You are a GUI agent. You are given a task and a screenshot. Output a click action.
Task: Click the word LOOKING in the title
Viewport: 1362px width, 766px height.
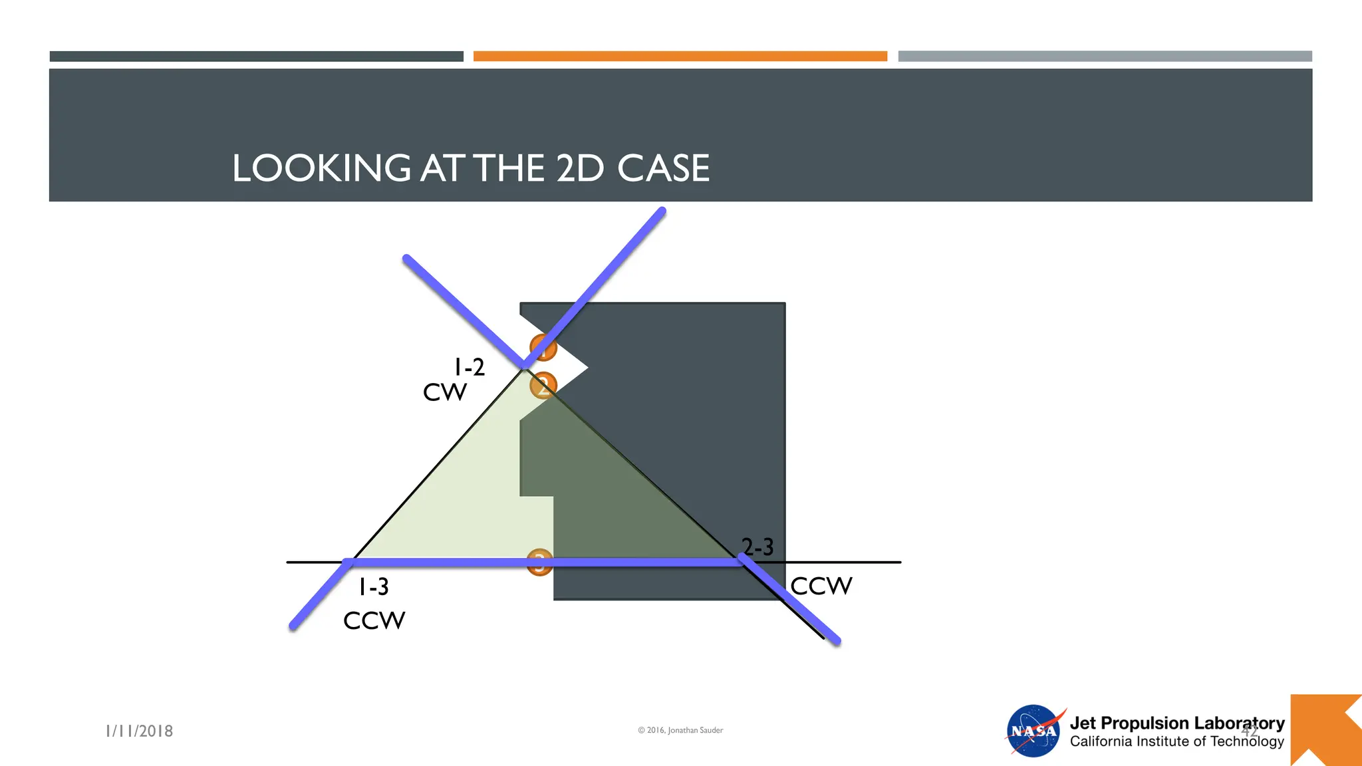click(x=321, y=168)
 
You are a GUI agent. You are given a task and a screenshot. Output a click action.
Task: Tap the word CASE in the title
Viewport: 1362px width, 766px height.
click(x=663, y=168)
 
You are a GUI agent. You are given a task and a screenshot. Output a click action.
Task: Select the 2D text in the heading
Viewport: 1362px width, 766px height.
click(x=579, y=168)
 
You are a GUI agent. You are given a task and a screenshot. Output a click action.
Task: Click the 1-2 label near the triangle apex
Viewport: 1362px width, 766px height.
click(x=470, y=367)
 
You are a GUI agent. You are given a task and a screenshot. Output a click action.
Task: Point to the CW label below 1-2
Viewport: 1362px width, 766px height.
click(x=445, y=392)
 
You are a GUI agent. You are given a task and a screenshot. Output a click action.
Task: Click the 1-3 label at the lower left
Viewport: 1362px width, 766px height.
click(x=374, y=587)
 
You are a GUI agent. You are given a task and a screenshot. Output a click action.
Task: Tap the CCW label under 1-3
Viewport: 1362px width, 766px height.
click(x=374, y=621)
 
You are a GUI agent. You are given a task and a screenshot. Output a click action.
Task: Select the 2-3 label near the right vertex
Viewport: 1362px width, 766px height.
click(x=757, y=547)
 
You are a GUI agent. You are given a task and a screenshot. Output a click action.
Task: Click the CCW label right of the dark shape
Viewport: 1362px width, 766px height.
click(x=821, y=586)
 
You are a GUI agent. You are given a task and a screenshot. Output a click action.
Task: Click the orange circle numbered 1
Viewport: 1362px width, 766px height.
click(x=543, y=347)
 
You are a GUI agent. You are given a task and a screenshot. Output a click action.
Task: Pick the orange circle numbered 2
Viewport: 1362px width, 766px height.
click(x=543, y=385)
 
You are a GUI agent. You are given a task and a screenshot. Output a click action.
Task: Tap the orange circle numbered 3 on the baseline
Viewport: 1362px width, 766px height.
click(x=539, y=563)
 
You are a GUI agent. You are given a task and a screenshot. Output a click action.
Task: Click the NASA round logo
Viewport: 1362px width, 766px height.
click(x=1033, y=731)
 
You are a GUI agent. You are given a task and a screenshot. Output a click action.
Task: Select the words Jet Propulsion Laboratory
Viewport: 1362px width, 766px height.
click(x=1176, y=723)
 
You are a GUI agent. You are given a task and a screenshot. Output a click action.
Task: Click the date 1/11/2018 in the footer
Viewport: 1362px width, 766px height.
click(x=140, y=731)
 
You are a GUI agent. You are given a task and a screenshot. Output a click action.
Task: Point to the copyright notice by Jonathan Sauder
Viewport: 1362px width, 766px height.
click(x=680, y=730)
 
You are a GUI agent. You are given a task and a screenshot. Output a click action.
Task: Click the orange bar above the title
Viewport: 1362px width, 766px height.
click(x=680, y=57)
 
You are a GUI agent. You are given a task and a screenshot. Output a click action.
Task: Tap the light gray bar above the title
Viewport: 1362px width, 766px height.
click(x=1105, y=57)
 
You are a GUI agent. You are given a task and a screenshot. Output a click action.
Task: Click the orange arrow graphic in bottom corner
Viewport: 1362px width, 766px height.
click(x=1325, y=731)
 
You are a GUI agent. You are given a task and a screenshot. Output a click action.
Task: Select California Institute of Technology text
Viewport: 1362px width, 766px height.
click(x=1176, y=741)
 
